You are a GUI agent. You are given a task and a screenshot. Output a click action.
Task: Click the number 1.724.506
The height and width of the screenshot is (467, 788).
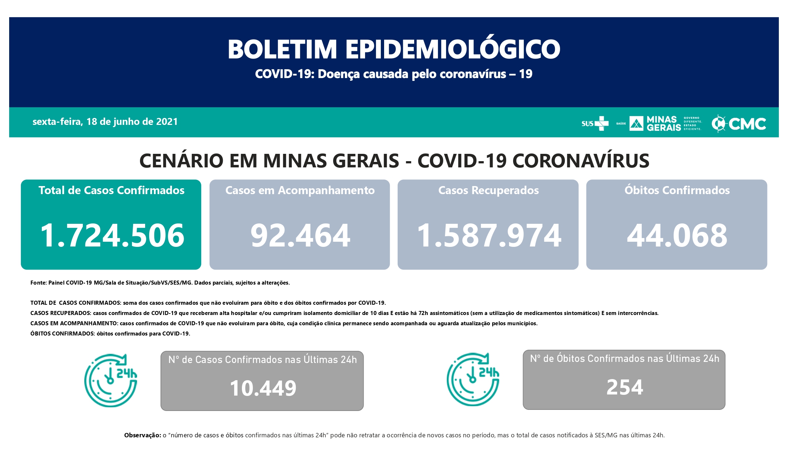click(x=112, y=236)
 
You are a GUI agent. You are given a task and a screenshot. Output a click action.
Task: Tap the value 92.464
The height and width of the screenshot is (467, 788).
click(x=300, y=236)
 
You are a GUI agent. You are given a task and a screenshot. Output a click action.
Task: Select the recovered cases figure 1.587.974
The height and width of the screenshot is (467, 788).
click(x=489, y=236)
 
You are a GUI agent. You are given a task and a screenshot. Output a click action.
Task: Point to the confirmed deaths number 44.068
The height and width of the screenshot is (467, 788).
click(x=677, y=236)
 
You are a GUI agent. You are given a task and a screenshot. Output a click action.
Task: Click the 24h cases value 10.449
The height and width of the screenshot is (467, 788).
click(x=263, y=388)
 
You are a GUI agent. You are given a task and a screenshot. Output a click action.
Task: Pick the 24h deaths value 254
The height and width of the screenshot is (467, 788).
click(x=625, y=387)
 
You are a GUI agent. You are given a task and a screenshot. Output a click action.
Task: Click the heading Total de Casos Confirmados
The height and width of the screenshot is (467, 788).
click(x=111, y=190)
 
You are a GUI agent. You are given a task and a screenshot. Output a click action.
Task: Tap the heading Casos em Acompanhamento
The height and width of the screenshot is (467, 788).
click(x=300, y=190)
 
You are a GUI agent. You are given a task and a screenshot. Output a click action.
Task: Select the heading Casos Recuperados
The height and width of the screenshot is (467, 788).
click(x=489, y=190)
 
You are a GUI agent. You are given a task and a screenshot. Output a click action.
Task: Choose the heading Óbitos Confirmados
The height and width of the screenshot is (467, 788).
click(x=677, y=190)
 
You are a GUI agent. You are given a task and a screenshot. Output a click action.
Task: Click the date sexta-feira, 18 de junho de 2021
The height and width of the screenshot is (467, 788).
click(x=105, y=122)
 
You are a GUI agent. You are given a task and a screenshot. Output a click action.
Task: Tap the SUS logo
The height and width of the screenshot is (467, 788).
click(x=594, y=123)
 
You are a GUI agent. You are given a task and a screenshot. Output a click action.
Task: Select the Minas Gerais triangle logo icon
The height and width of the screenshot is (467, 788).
click(x=636, y=123)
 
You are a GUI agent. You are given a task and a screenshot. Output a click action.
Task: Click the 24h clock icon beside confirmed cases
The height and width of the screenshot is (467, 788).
click(x=111, y=380)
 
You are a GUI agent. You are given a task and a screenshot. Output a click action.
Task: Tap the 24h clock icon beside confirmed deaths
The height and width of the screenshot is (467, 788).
click(x=473, y=379)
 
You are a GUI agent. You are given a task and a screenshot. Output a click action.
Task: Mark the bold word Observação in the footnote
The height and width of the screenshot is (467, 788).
click(x=142, y=435)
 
